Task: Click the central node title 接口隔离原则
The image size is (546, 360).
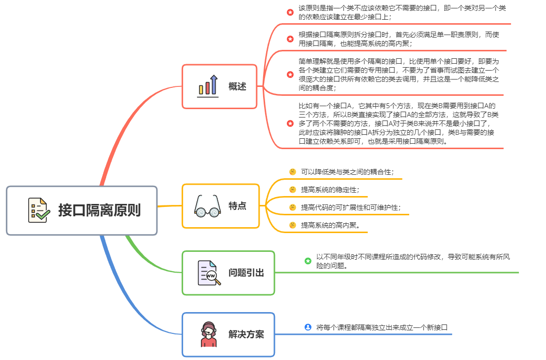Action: [99, 210]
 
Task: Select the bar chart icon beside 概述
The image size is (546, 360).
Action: [207, 85]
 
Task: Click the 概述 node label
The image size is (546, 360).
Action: [237, 86]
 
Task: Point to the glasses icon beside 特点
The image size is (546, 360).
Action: [207, 206]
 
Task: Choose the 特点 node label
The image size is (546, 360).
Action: [237, 206]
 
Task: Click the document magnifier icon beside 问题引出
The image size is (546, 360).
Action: [208, 273]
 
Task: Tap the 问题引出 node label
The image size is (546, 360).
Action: [246, 273]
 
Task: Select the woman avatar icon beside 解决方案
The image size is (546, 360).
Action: [208, 334]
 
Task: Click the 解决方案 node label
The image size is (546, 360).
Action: [246, 334]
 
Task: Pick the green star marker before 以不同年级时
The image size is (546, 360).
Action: [308, 261]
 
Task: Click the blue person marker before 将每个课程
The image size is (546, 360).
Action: [308, 327]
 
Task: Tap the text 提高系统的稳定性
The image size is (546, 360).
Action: [330, 190]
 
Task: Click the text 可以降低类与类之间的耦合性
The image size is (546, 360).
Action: [347, 172]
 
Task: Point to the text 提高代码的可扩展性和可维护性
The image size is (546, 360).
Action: [351, 207]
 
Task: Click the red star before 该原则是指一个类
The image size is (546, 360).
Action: [290, 12]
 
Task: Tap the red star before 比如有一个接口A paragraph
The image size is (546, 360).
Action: [290, 123]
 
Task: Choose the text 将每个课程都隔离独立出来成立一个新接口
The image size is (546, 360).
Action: [382, 327]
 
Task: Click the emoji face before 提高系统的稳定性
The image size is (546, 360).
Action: [293, 190]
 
